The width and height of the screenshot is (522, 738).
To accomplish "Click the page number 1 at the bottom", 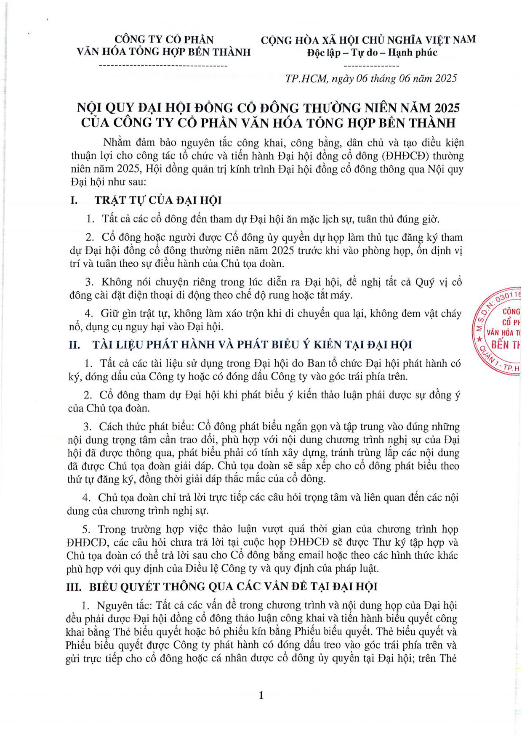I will tap(261, 695).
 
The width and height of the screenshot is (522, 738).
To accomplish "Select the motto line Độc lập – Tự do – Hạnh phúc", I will tap(372, 53).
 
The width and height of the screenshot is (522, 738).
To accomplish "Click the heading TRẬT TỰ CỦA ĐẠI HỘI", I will tap(158, 200).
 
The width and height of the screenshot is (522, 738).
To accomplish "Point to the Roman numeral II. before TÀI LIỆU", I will tap(75, 345).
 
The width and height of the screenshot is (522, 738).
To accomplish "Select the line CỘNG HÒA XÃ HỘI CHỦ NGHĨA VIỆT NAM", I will tap(368, 40).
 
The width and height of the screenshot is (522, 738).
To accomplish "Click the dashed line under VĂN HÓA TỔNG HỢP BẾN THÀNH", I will tap(163, 66).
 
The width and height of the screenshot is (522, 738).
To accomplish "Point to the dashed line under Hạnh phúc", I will tap(371, 66).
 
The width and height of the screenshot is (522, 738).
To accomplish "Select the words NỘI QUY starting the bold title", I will tap(99, 108).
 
